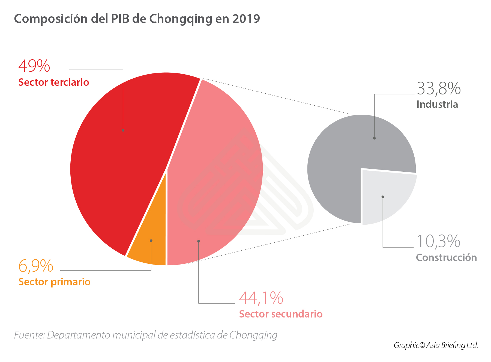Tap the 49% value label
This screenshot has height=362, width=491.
pos(34,66)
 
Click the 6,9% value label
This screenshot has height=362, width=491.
pos(36,266)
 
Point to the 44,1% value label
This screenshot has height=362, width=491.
pos(261,298)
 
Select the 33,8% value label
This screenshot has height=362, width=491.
pos(439,89)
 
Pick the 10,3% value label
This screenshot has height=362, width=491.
pos(438,242)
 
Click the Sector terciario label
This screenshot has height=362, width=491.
pos(54,82)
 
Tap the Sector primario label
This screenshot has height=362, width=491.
pos(54,282)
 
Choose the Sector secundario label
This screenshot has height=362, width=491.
pos(281,314)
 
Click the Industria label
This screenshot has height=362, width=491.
pos(437,105)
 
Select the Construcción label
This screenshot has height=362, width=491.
pos(446,258)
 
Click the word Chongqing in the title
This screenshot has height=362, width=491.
pos(181,19)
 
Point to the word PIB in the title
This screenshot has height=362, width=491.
pos(120,19)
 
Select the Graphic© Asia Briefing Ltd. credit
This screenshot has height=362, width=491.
pos(436,345)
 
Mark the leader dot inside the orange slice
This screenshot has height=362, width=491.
pos(151,241)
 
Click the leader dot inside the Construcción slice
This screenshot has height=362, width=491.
pos(383,197)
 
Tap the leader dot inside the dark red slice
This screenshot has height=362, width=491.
pos(123,130)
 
